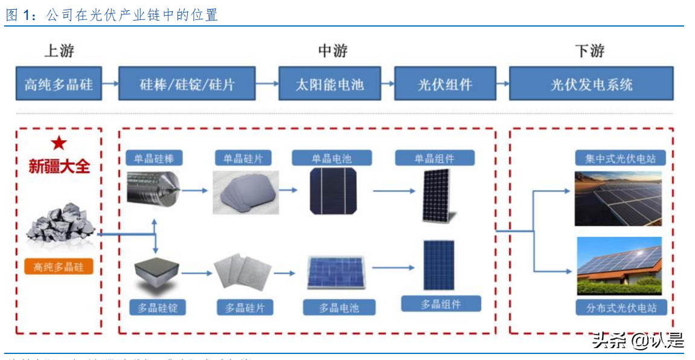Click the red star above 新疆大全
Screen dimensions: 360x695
click(59, 143)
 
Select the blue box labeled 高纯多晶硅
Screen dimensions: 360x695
click(59, 84)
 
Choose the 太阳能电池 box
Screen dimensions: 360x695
click(330, 84)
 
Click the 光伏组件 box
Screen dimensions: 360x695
click(445, 84)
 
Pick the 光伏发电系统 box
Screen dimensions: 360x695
click(591, 84)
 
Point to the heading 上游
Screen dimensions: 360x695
click(59, 51)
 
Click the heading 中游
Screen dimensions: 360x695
click(333, 51)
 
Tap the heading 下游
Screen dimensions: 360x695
click(590, 51)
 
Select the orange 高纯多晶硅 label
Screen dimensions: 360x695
click(59, 266)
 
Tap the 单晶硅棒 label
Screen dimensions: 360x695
click(154, 159)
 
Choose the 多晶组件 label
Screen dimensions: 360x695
click(441, 304)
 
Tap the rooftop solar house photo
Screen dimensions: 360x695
click(619, 266)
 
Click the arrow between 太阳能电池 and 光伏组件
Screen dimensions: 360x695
click(387, 84)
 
